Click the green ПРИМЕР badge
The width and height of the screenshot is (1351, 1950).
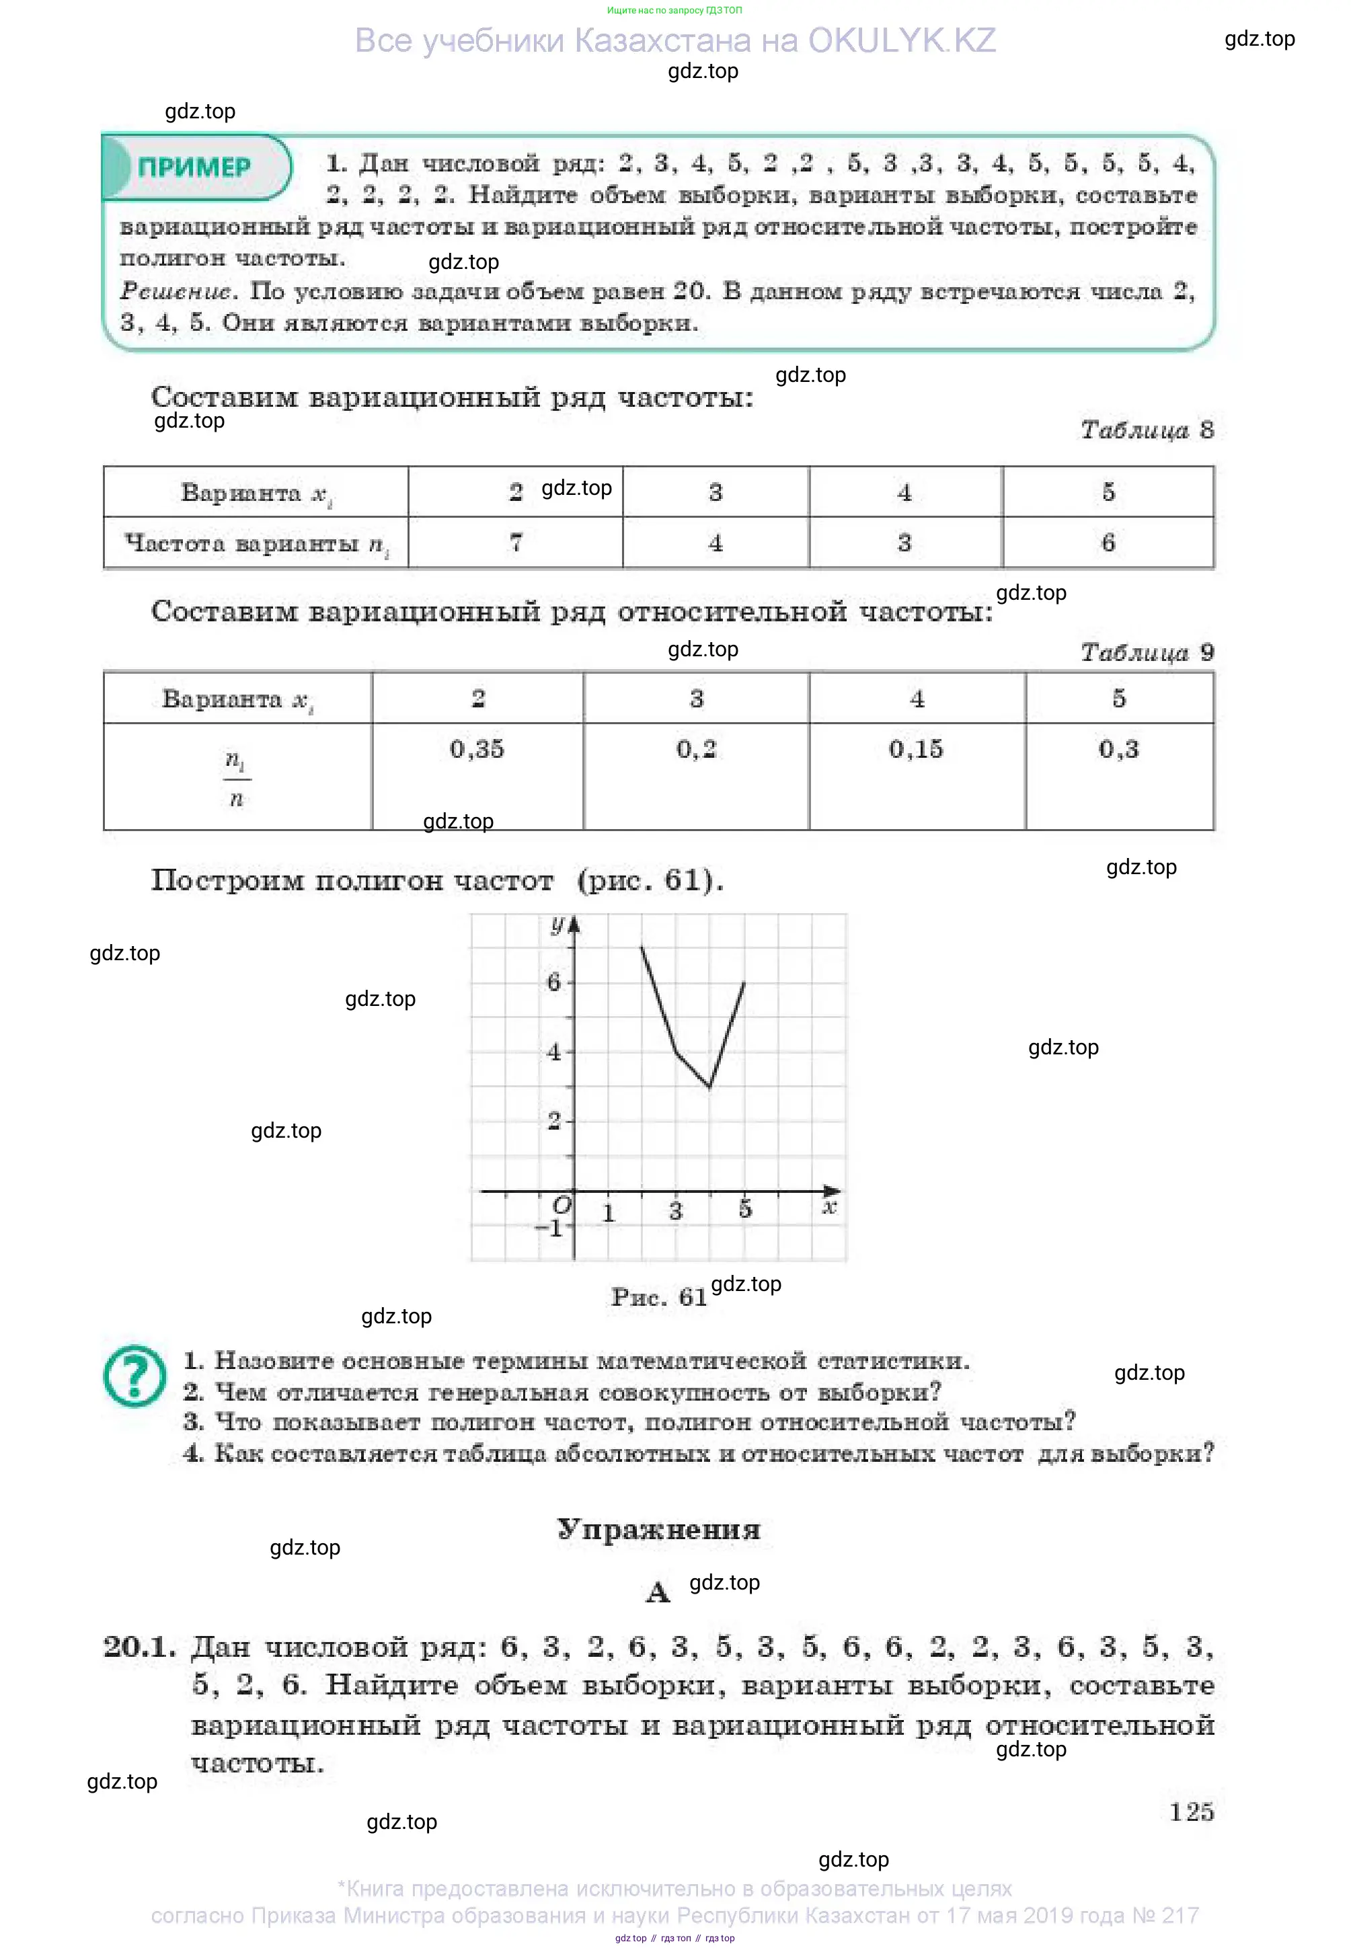[x=195, y=167]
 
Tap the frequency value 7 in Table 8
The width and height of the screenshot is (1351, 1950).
[x=516, y=542]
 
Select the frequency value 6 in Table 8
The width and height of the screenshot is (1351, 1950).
[x=1108, y=542]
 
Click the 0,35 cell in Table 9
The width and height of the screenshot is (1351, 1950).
[x=477, y=749]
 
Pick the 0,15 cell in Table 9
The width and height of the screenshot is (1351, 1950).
[x=915, y=749]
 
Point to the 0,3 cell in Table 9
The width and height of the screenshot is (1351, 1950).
[x=1118, y=749]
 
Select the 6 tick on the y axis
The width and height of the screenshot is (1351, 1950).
[x=554, y=982]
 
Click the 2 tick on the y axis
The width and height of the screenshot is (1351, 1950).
[x=554, y=1120]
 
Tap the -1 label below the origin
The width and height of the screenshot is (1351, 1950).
[x=550, y=1227]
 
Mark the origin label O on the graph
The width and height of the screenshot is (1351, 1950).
[x=562, y=1204]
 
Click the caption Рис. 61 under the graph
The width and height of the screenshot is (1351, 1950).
[x=658, y=1296]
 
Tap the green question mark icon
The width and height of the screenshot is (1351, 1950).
[x=135, y=1375]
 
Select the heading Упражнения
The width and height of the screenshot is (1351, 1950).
[x=658, y=1528]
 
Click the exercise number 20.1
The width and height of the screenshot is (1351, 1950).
[x=140, y=1646]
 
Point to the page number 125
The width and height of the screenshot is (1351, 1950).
[x=1191, y=1811]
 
